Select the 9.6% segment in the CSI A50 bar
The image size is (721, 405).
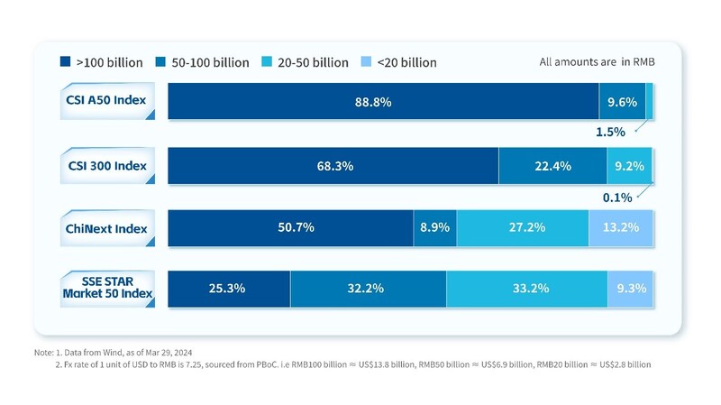click(x=622, y=102)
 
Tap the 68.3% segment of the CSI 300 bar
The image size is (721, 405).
click(x=333, y=166)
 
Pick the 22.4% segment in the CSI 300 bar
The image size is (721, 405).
click(x=552, y=166)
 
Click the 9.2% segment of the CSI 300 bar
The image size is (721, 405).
click(x=629, y=166)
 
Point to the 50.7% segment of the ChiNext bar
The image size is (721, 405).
click(x=290, y=227)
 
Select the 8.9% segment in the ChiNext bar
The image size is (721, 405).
click(x=434, y=227)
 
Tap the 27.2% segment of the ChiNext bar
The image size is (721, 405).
click(x=522, y=227)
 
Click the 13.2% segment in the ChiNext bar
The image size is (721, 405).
click(x=621, y=227)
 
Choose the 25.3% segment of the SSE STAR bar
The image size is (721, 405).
click(x=229, y=289)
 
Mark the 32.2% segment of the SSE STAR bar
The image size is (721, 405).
click(x=367, y=289)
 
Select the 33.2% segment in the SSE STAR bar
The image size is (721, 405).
click(x=525, y=289)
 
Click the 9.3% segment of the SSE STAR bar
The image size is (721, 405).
click(x=630, y=289)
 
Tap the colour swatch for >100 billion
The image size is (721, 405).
click(x=65, y=62)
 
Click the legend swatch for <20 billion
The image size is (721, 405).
click(x=370, y=62)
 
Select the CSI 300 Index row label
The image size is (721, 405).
click(x=106, y=166)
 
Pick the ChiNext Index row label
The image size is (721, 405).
click(x=106, y=227)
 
